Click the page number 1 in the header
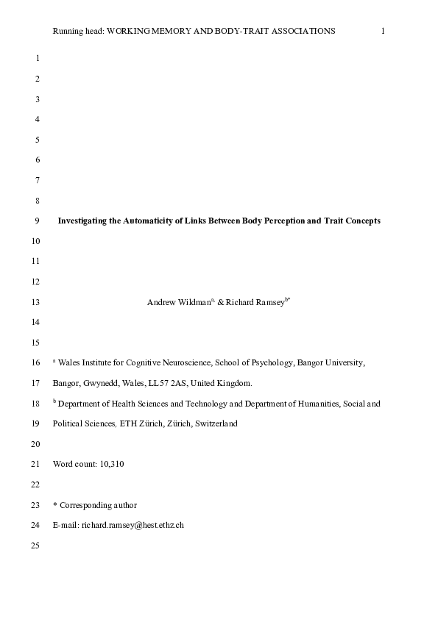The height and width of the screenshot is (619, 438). pyautogui.click(x=384, y=31)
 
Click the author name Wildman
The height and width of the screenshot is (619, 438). pyautogui.click(x=193, y=302)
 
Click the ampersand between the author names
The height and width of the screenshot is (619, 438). pyautogui.click(x=220, y=302)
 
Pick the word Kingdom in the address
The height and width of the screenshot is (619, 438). pyautogui.click(x=235, y=383)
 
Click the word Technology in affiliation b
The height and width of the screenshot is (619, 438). pyautogui.click(x=207, y=404)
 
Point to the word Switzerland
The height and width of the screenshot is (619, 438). pyautogui.click(x=216, y=424)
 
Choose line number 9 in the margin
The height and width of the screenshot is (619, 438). pyautogui.click(x=38, y=221)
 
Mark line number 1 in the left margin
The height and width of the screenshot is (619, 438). pyautogui.click(x=38, y=57)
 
